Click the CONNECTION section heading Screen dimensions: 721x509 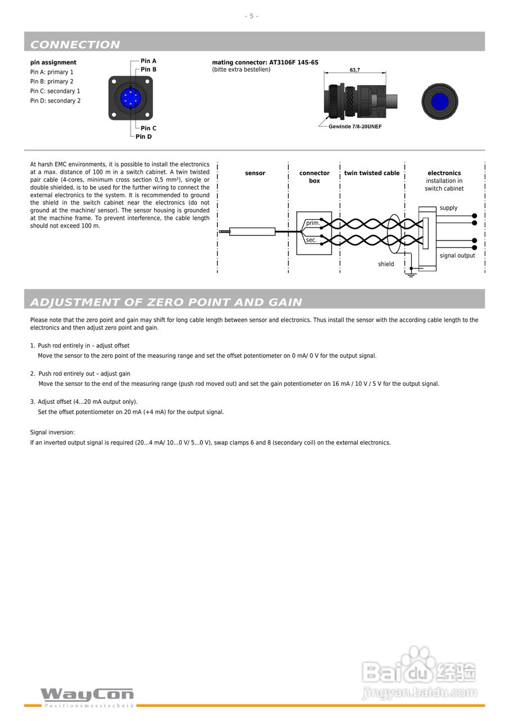pyautogui.click(x=75, y=44)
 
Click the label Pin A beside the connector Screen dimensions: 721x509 pyautogui.click(x=148, y=61)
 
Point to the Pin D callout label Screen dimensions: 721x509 pyautogui.click(x=144, y=137)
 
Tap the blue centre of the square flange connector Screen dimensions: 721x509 pyautogui.click(x=130, y=98)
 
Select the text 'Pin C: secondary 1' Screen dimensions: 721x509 pyautogui.click(x=55, y=91)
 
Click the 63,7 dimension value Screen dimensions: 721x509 pyautogui.click(x=355, y=70)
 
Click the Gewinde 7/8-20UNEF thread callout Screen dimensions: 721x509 pyautogui.click(x=355, y=127)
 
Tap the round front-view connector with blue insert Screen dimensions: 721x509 pyautogui.click(x=440, y=102)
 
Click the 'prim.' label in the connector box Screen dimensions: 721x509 pyautogui.click(x=313, y=223)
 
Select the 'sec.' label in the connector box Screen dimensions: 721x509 pyautogui.click(x=311, y=240)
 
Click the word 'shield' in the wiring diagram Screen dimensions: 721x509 pyautogui.click(x=386, y=264)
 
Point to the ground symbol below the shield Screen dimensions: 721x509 pyautogui.click(x=411, y=275)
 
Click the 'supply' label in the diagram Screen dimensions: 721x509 pyautogui.click(x=449, y=208)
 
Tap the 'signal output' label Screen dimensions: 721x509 pyautogui.click(x=457, y=256)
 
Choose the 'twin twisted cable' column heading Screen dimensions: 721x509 pyautogui.click(x=372, y=173)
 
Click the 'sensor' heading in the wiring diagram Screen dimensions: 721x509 pyautogui.click(x=255, y=173)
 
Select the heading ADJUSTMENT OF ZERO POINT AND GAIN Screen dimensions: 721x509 pyautogui.click(x=166, y=302)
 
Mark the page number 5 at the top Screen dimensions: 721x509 pyautogui.click(x=252, y=16)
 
